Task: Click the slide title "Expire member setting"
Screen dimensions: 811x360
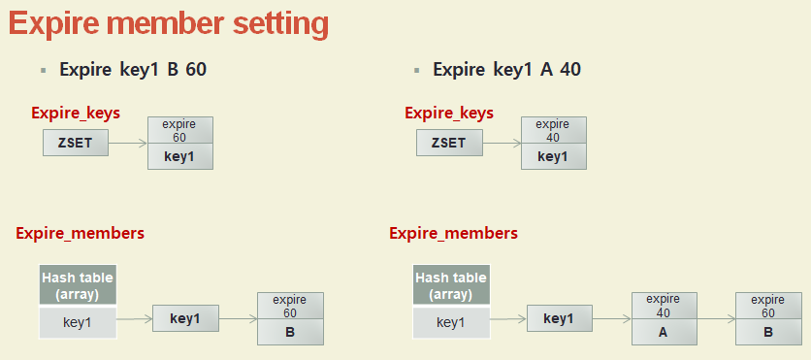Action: point(169,24)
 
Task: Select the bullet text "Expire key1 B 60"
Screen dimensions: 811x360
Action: point(133,69)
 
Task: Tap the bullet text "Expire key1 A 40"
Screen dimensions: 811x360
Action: point(506,69)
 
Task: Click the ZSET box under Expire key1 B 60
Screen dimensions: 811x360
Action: point(76,143)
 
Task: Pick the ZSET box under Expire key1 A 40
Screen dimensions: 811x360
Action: point(449,143)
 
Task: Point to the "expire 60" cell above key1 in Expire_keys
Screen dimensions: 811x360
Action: point(180,130)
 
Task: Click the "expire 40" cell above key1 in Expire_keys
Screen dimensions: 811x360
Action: point(553,130)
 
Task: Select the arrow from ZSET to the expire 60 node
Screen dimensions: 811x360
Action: point(128,144)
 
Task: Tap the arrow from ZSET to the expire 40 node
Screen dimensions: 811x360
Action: point(502,144)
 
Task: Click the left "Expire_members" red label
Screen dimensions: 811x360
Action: point(81,233)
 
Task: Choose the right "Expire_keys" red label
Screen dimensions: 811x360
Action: point(449,113)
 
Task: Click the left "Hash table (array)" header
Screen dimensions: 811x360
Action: point(78,285)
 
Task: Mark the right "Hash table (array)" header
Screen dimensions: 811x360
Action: point(451,285)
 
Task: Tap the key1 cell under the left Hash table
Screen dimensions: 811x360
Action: point(78,323)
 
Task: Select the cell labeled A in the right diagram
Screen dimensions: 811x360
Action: point(664,332)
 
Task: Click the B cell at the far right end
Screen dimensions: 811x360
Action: point(768,332)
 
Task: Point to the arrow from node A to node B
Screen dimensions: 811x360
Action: point(716,319)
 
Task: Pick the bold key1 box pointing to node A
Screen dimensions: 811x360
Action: point(560,318)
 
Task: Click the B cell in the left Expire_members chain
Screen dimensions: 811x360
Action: point(290,332)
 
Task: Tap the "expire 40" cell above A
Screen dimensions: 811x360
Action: point(664,307)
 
